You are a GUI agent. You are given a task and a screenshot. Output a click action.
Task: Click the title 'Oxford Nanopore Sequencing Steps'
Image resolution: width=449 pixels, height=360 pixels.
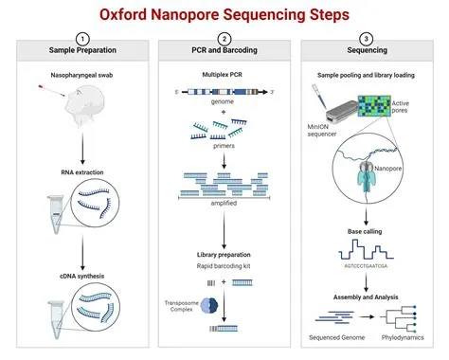click(224, 17)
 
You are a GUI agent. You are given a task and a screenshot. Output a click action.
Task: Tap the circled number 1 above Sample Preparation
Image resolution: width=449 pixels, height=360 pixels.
click(82, 40)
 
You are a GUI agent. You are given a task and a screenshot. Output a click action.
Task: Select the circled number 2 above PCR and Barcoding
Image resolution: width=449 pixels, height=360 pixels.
click(224, 40)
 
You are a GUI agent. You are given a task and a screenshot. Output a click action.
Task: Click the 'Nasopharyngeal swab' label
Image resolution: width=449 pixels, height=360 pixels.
click(82, 74)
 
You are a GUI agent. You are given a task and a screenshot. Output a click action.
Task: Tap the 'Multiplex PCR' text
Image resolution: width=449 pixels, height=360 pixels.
click(224, 74)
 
